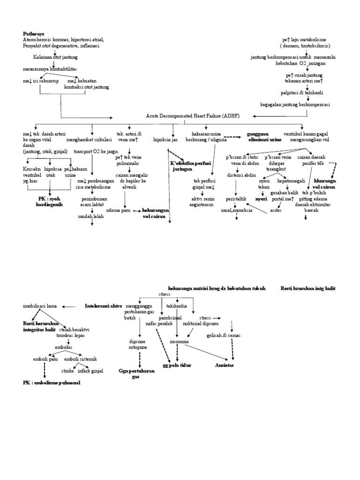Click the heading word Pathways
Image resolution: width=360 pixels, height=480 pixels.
pos(34,34)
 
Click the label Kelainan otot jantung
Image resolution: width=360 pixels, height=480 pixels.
pos(55,57)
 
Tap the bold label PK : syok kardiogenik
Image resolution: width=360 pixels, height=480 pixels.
pos(49,202)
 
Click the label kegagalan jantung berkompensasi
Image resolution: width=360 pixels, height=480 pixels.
pos(295,104)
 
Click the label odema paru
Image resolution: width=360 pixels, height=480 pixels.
pos(119,210)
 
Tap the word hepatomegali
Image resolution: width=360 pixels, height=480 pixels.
pos(291,180)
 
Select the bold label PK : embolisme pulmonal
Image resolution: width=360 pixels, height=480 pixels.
pos(52,382)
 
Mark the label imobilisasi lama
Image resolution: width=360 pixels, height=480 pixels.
pos(40,306)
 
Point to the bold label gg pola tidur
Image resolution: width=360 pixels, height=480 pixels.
pos(177,365)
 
